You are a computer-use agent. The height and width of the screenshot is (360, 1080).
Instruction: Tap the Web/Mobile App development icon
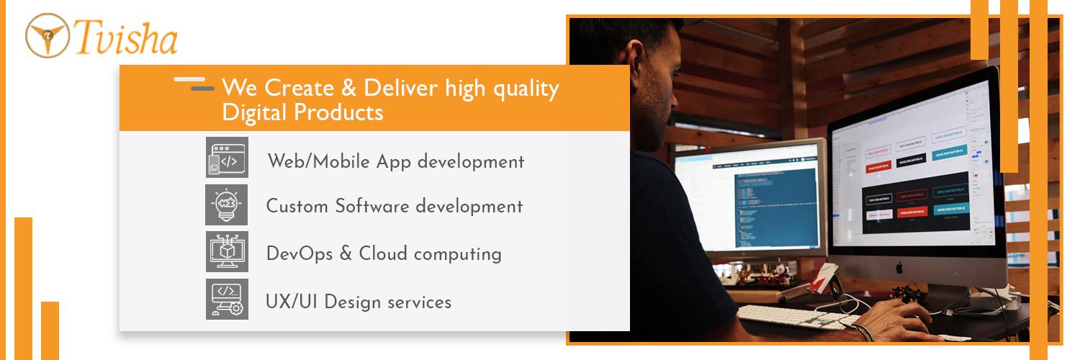click(227, 157)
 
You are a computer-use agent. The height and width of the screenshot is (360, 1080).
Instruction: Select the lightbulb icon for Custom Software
click(227, 204)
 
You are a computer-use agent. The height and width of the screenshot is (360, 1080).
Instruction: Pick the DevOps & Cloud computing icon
click(227, 252)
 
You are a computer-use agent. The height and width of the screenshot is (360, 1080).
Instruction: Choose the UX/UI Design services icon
click(227, 300)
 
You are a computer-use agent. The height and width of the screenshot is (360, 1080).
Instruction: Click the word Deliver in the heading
click(400, 89)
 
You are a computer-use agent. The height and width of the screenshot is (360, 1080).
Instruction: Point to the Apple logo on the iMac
click(899, 267)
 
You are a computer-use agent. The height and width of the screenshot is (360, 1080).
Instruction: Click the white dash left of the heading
click(189, 78)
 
